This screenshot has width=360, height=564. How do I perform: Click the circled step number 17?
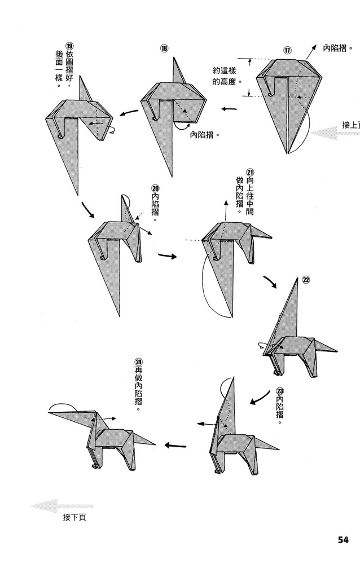pos(287,50)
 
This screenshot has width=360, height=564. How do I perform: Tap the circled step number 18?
pos(164,49)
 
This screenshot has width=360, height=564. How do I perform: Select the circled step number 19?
pos(70,46)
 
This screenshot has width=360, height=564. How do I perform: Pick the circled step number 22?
pos(305,279)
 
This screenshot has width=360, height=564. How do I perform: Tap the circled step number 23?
pos(280,390)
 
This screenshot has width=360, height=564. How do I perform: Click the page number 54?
pos(344,539)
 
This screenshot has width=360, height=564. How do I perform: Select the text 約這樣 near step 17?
pos(223,71)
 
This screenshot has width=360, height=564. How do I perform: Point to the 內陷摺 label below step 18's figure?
pos(204,135)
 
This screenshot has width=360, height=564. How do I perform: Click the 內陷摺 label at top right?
pos(338,49)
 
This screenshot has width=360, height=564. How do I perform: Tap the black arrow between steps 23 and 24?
pos(175,445)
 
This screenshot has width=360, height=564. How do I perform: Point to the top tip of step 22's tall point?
pos(297,278)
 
